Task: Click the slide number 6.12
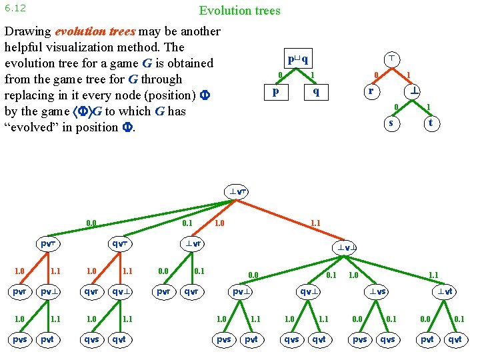tap(15, 8)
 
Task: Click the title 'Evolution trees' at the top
tap(239, 11)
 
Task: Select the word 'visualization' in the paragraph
tap(105, 47)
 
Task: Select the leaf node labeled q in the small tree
tap(316, 92)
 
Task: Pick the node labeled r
tap(371, 91)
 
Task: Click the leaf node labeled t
tap(431, 123)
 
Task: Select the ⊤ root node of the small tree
tap(394, 59)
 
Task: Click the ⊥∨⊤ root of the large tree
tap(238, 192)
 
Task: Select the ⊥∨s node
tap(379, 291)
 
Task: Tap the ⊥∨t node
tap(445, 291)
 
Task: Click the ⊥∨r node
tap(194, 244)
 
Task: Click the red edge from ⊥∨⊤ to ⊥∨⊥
tap(294, 220)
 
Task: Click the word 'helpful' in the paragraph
tap(25, 47)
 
